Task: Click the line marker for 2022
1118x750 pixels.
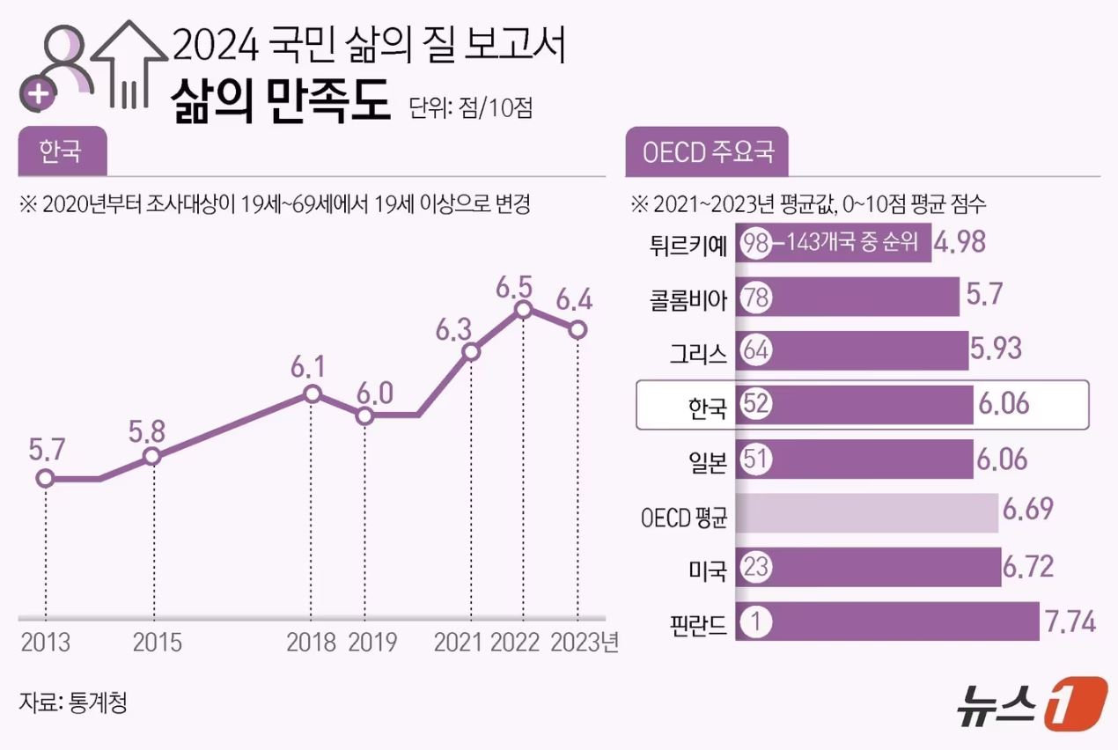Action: tap(524, 309)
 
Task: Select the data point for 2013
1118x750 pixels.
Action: tap(45, 479)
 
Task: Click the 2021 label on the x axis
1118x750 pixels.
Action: tap(459, 642)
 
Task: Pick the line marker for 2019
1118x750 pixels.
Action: tap(365, 415)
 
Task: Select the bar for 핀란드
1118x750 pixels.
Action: tap(886, 622)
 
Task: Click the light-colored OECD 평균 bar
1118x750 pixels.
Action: tap(866, 514)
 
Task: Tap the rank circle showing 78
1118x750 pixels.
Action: tap(755, 297)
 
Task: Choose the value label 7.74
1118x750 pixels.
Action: tap(1070, 622)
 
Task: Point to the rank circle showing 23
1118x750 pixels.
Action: tap(755, 568)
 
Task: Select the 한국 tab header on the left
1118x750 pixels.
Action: tap(61, 151)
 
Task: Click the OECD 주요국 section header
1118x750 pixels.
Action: tap(707, 151)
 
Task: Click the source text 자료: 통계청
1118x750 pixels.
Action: tap(73, 702)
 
